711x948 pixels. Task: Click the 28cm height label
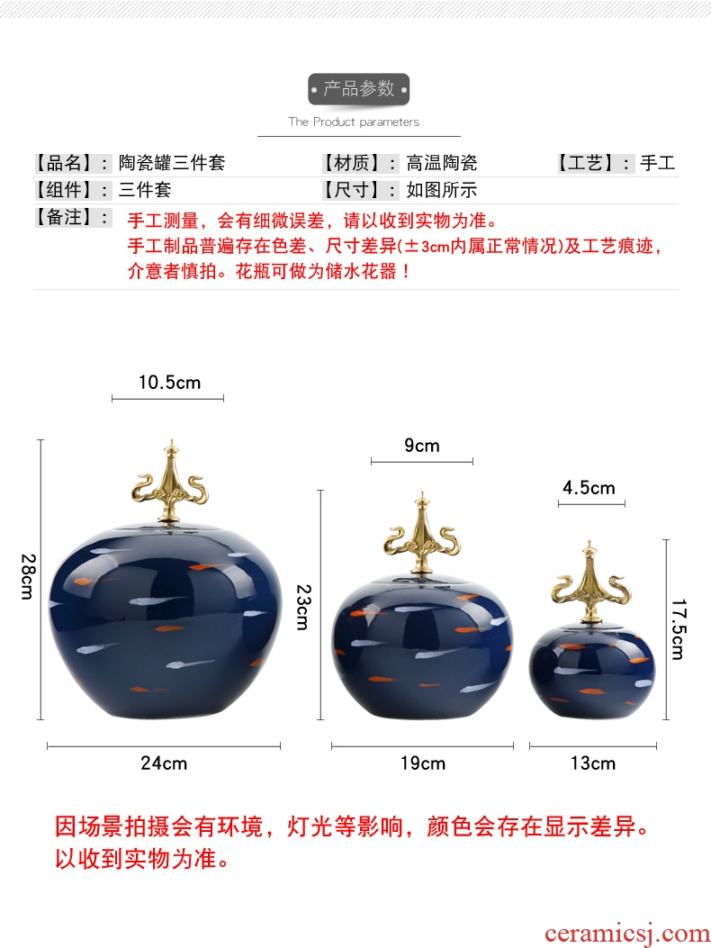pos(28,576)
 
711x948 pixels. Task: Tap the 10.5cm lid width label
pos(169,382)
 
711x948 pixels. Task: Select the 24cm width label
pos(164,763)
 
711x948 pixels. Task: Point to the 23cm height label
pos(303,607)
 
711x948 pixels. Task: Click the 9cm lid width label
pos(422,446)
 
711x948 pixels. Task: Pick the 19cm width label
pos(423,763)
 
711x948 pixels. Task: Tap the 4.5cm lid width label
pos(589,487)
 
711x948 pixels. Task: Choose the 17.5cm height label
pos(679,629)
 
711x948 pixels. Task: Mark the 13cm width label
pos(592,763)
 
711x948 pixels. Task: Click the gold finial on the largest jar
pos(171,481)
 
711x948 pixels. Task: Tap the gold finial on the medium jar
pos(422,532)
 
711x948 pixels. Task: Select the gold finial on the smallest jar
pos(589,582)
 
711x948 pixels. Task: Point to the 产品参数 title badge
pos(358,89)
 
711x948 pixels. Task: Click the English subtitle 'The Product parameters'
pos(354,122)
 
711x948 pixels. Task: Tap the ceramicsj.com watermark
pos(627,934)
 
